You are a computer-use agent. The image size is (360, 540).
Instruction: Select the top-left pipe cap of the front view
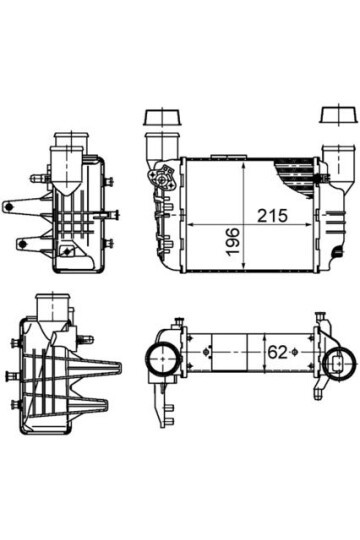coord(160,118)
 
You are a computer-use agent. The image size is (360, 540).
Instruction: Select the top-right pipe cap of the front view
coord(333,118)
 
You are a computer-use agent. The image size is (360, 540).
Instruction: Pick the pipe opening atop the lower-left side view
coord(50,302)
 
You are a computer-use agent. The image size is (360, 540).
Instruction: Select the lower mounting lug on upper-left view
coord(20,242)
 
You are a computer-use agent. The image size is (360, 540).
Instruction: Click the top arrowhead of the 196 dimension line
coord(243,160)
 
